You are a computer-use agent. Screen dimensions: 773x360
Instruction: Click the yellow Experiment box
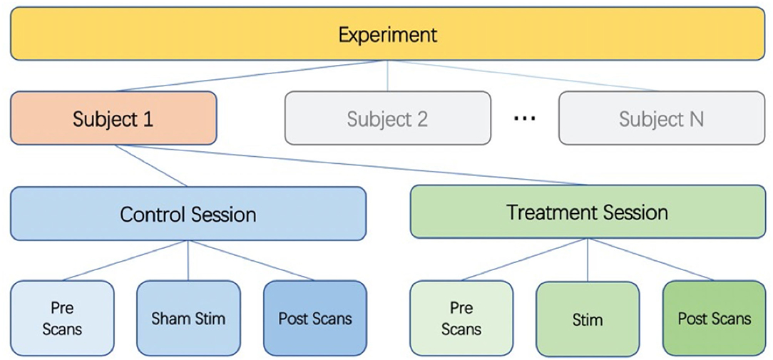pyautogui.click(x=387, y=34)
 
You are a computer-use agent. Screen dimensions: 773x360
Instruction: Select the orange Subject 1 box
pyautogui.click(x=113, y=118)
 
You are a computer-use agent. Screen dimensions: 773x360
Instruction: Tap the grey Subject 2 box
pyautogui.click(x=387, y=118)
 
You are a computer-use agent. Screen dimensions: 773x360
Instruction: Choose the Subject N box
pyautogui.click(x=662, y=118)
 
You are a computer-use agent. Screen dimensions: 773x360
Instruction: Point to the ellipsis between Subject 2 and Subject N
pyautogui.click(x=525, y=119)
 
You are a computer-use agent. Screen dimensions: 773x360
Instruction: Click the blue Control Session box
pyautogui.click(x=188, y=214)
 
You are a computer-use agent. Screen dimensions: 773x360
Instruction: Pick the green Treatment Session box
pyautogui.click(x=588, y=212)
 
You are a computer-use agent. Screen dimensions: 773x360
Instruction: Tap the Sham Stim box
pyautogui.click(x=188, y=318)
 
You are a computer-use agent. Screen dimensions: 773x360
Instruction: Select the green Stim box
pyautogui.click(x=588, y=319)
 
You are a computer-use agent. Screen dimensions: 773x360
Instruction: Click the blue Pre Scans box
pyautogui.click(x=62, y=318)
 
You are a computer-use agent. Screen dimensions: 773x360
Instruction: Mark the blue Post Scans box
pyautogui.click(x=315, y=318)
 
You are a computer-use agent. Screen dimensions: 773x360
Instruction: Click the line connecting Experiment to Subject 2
pyautogui.click(x=387, y=76)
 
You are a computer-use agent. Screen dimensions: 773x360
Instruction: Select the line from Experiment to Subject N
pyautogui.click(x=523, y=76)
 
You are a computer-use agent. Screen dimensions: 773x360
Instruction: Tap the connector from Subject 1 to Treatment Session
pyautogui.click(x=350, y=165)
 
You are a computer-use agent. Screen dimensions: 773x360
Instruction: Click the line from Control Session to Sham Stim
pyautogui.click(x=188, y=260)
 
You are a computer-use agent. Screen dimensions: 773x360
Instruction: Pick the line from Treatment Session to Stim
pyautogui.click(x=588, y=260)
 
